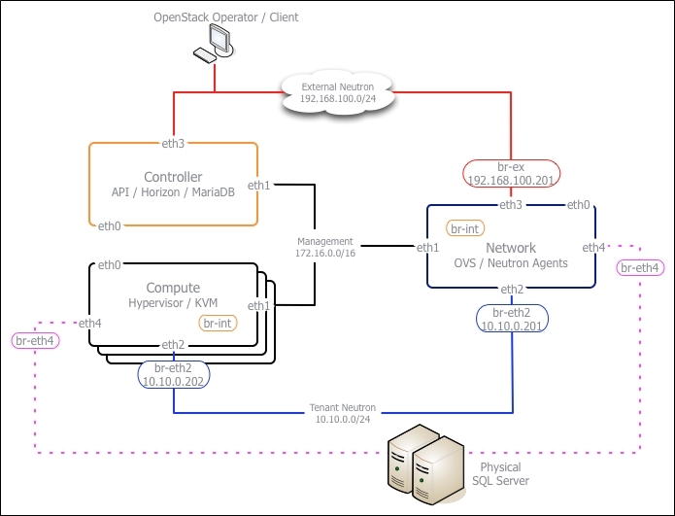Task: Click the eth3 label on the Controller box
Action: pos(174,143)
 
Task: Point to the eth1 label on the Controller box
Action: pos(258,185)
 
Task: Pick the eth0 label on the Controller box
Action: pos(110,226)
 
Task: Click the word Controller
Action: pos(173,177)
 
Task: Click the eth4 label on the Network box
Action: pos(593,248)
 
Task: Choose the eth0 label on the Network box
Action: pos(578,204)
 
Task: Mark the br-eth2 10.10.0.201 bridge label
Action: pos(511,319)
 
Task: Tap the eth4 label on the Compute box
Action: pos(90,323)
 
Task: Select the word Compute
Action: pos(173,288)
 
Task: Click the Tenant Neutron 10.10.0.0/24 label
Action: pos(343,413)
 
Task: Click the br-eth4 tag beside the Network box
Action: pos(639,267)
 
